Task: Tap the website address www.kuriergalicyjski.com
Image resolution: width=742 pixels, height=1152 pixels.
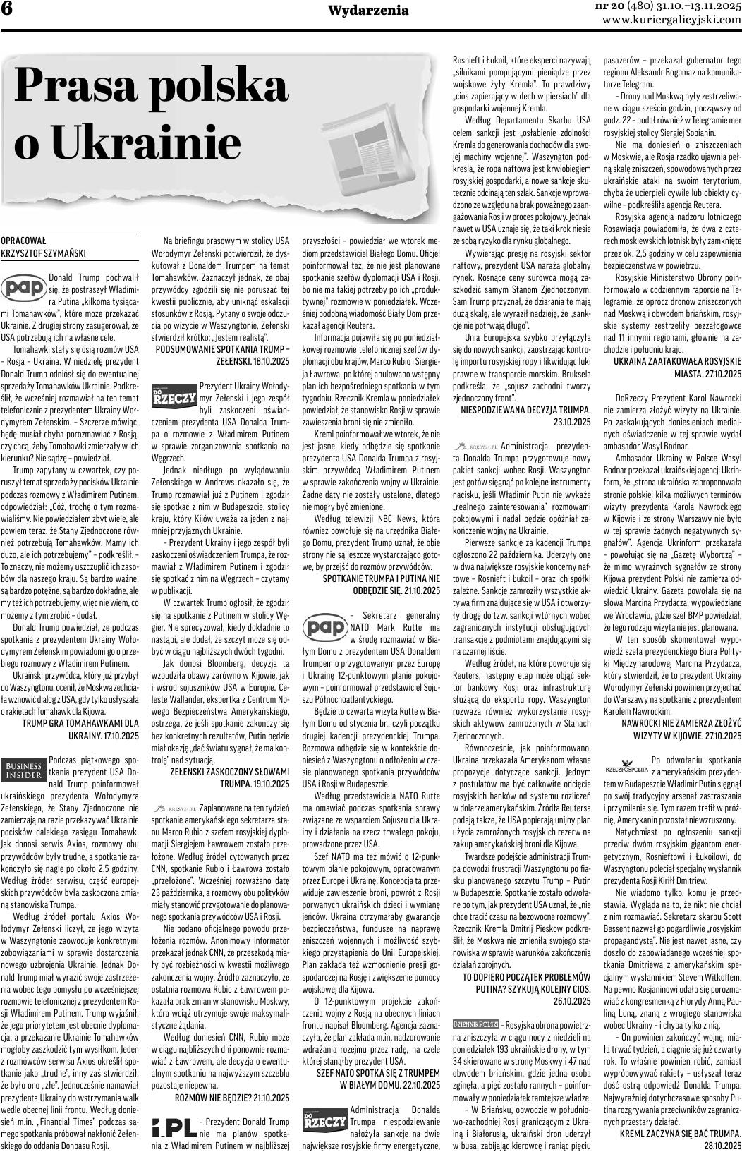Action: [671, 20]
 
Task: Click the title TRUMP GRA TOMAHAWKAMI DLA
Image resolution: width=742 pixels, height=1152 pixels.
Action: [80, 723]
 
